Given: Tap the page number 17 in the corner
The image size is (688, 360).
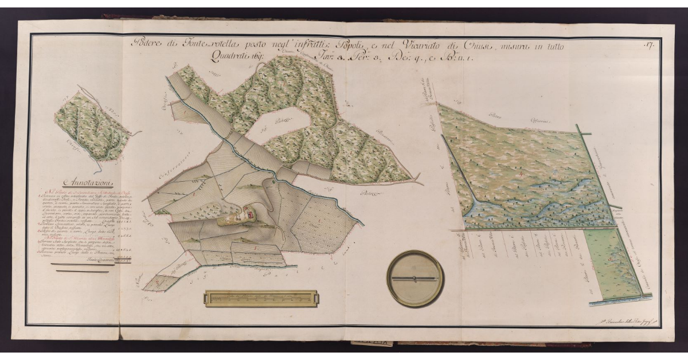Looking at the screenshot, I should click(x=649, y=44).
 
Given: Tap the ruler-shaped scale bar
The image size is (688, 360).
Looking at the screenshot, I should click(x=261, y=299).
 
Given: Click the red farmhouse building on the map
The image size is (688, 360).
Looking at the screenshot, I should click(x=248, y=214).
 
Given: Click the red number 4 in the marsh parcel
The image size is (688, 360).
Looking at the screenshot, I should click(x=519, y=173).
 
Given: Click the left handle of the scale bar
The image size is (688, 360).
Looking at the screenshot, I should click(x=209, y=299).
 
